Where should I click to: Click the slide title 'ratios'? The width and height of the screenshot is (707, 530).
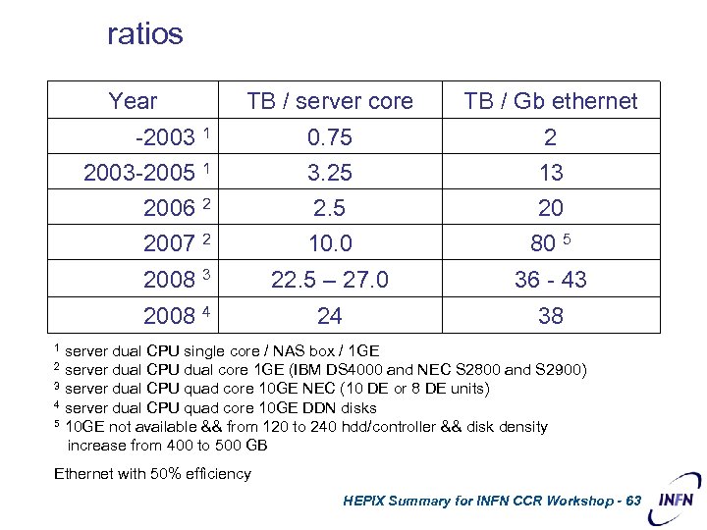pyautogui.click(x=145, y=35)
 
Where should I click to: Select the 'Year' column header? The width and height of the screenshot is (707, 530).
pyautogui.click(x=133, y=101)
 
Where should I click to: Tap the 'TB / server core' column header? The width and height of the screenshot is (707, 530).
pyautogui.click(x=330, y=101)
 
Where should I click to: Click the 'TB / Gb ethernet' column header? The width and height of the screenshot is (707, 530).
pyautogui.click(x=551, y=101)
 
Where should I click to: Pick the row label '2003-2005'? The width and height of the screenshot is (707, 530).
pyautogui.click(x=139, y=173)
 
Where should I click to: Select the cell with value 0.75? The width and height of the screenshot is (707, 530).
pyautogui.click(x=330, y=137)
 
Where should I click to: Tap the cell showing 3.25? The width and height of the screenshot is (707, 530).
pyautogui.click(x=330, y=173)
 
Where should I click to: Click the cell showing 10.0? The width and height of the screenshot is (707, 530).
pyautogui.click(x=330, y=243)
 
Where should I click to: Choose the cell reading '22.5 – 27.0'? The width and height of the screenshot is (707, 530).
pyautogui.click(x=330, y=280)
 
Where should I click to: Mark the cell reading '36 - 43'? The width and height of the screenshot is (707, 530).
pyautogui.click(x=551, y=280)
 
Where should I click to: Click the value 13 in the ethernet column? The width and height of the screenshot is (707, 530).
pyautogui.click(x=551, y=173)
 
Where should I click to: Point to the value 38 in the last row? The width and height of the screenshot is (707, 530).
pyautogui.click(x=551, y=316)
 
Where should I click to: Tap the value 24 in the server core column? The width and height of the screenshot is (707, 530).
pyautogui.click(x=330, y=316)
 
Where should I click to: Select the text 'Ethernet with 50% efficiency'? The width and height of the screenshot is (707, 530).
pyautogui.click(x=152, y=474)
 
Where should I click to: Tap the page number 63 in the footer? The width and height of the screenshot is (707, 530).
pyautogui.click(x=631, y=501)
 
